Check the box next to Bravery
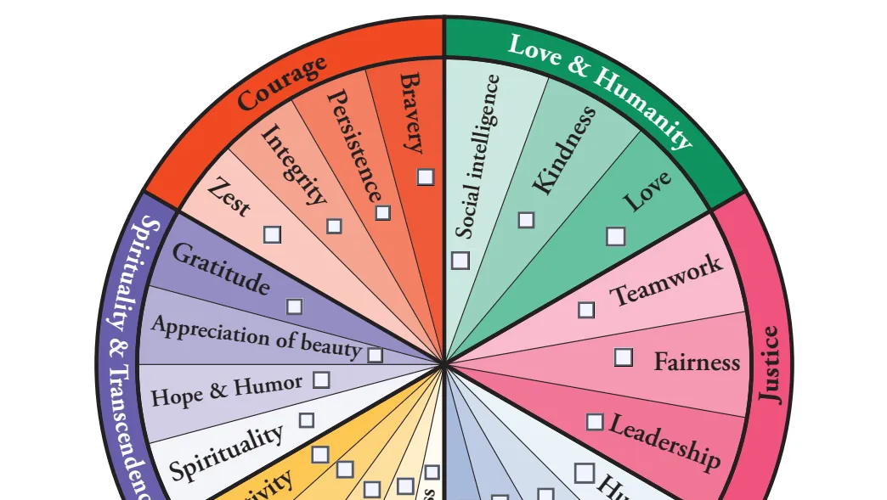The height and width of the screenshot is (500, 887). [x=426, y=177]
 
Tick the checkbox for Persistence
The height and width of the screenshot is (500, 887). [x=383, y=212]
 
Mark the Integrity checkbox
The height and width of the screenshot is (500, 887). [x=335, y=226]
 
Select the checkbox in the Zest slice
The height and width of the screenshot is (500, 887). [x=273, y=234]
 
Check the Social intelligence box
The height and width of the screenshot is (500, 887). [x=460, y=261]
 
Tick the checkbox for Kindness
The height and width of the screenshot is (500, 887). [x=527, y=220]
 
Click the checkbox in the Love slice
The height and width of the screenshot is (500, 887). [x=615, y=237]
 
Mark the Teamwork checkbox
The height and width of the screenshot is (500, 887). [x=586, y=310]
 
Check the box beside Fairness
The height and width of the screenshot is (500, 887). [x=624, y=357]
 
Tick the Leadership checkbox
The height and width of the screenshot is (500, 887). [x=596, y=422]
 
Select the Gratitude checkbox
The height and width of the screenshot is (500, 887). [x=295, y=306]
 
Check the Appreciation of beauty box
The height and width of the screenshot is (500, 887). [x=375, y=355]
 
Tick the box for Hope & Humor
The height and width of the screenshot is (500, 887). [x=321, y=379]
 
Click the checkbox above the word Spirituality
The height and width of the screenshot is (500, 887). [x=306, y=419]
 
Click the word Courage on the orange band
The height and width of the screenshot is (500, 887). [x=282, y=83]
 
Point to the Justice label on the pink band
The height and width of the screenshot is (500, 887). [x=770, y=364]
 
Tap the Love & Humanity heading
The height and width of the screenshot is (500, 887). [x=600, y=88]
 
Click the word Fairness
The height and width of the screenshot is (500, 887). [x=697, y=362]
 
